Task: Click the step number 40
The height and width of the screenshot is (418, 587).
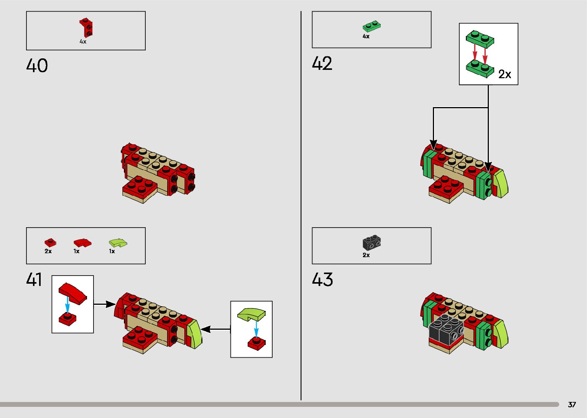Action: [x=37, y=66]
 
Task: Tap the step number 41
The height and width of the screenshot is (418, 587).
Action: [x=34, y=279]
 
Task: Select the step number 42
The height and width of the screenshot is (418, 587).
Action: [x=322, y=63]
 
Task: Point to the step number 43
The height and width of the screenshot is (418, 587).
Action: [x=322, y=279]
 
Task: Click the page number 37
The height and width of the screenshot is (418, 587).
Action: [x=572, y=405]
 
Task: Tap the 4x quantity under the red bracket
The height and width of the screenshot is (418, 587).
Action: [x=83, y=41]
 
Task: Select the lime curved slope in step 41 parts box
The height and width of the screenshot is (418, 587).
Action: [x=118, y=243]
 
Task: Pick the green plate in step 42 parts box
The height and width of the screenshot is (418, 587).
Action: [x=372, y=26]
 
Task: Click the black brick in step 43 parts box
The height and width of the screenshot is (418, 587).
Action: [x=372, y=242]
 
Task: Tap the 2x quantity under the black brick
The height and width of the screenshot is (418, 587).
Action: [x=366, y=255]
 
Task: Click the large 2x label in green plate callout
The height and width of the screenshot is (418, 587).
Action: [x=505, y=74]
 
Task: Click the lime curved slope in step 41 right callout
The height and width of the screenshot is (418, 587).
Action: [x=251, y=315]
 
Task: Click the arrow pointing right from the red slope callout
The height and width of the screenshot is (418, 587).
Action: [x=104, y=304]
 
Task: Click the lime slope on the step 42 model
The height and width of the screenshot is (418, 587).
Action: [x=501, y=183]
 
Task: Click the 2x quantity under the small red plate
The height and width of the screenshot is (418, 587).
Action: [x=48, y=251]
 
